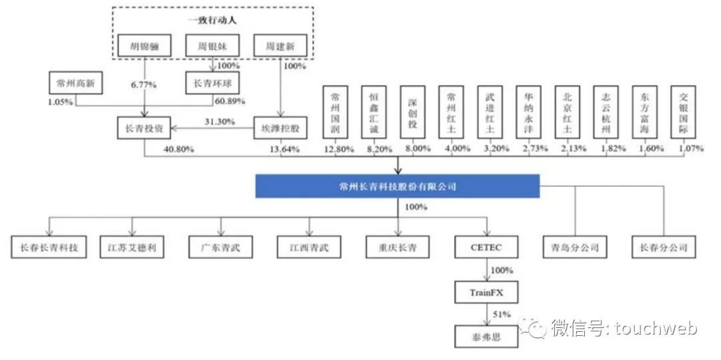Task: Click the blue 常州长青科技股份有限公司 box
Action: (397, 187)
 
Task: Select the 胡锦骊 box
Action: (144, 45)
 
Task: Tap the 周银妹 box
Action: (213, 45)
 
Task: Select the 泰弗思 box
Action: (486, 334)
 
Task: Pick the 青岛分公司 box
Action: (575, 248)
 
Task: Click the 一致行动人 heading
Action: (213, 21)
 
